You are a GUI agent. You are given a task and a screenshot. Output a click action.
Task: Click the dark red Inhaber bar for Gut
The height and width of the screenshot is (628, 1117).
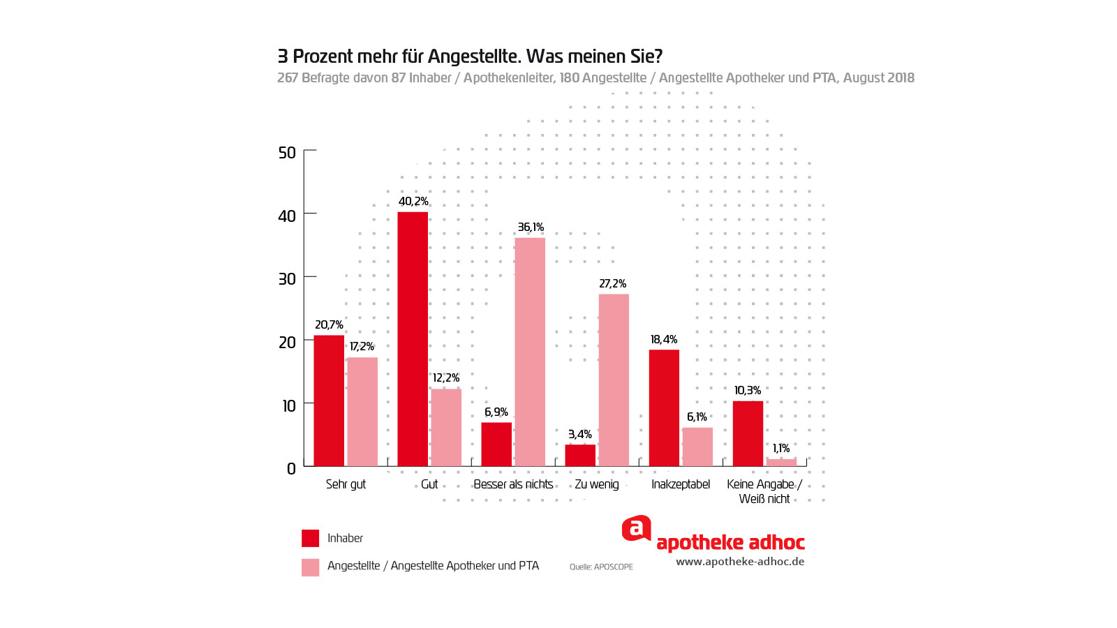pos(413,339)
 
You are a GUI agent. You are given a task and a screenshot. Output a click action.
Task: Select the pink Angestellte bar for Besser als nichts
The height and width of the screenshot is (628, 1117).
pos(530,352)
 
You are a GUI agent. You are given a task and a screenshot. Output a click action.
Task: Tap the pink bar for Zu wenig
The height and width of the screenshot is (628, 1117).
pos(614,380)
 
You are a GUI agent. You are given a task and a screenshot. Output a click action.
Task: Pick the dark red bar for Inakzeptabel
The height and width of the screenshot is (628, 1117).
pos(664,408)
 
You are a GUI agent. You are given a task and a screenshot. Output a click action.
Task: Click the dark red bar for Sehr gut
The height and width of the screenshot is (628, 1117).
pos(329,401)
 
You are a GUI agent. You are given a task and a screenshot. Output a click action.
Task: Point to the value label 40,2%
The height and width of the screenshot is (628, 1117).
pos(413,202)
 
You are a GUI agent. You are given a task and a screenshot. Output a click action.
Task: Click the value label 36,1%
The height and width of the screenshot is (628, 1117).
pos(531,227)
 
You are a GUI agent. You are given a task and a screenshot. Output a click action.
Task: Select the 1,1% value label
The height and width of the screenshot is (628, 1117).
pos(781,449)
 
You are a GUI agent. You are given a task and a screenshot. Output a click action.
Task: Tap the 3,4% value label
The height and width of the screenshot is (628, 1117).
pos(580,435)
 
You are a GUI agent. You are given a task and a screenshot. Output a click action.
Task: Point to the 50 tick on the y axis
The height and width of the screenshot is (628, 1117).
pos(287,153)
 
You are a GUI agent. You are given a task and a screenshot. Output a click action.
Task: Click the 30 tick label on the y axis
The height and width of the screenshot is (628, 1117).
pos(287,279)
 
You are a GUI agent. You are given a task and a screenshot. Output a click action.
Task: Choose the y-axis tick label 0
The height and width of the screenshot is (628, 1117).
pos(291,469)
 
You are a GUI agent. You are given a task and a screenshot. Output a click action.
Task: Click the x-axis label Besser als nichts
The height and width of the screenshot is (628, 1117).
pos(513,484)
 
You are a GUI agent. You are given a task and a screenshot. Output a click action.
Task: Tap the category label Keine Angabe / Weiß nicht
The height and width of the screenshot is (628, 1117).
pos(764,491)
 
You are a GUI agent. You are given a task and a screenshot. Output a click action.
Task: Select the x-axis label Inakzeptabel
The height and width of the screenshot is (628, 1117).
pos(681,484)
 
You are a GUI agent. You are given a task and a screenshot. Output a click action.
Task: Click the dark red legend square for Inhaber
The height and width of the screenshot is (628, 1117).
pos(310,538)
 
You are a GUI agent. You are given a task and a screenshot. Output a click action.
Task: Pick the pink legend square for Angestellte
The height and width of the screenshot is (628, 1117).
pos(310,567)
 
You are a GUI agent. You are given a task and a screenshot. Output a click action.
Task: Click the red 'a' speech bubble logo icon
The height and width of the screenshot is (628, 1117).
pos(636,528)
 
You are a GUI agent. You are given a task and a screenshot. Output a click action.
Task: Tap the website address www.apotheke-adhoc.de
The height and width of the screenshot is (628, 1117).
pos(740,562)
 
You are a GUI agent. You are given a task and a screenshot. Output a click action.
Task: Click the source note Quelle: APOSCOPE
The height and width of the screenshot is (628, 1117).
pos(601,567)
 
